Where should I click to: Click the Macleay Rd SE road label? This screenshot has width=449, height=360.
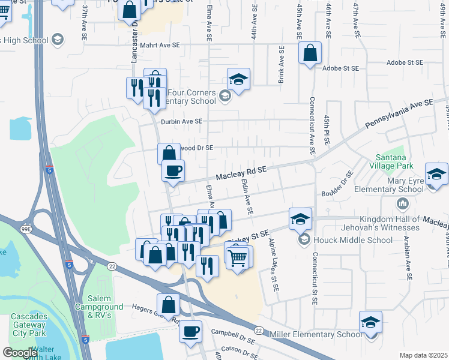(241, 173)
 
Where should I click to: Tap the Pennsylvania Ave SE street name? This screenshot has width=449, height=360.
(399, 115)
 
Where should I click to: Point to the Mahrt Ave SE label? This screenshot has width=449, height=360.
(160, 45)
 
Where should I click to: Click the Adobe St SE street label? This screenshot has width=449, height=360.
(340, 68)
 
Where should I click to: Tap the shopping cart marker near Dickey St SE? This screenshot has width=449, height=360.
(238, 257)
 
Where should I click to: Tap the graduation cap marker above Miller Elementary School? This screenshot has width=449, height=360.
(370, 322)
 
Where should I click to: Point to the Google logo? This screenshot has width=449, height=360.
(20, 353)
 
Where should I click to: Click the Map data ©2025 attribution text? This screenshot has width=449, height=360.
(423, 355)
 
